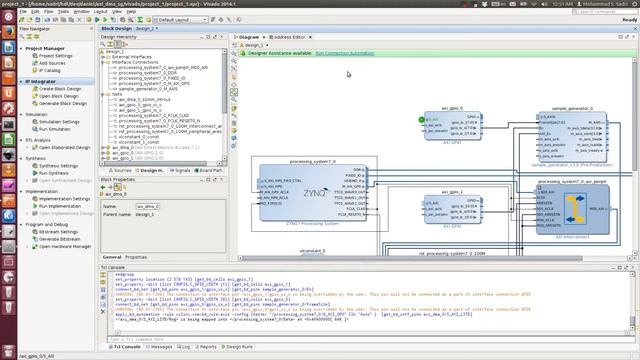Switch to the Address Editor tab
click(x=290, y=36)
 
